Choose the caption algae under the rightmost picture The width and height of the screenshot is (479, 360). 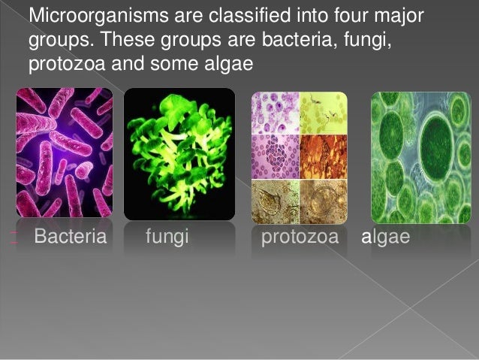385,239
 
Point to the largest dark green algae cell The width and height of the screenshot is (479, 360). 438,139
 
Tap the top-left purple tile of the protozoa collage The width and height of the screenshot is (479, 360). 275,112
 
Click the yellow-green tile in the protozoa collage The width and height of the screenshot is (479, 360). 324,112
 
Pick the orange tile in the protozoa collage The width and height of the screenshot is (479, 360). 324,156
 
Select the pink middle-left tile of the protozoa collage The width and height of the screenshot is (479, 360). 275,156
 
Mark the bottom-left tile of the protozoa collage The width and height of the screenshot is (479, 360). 275,201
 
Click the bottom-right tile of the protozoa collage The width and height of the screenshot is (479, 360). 324,201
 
